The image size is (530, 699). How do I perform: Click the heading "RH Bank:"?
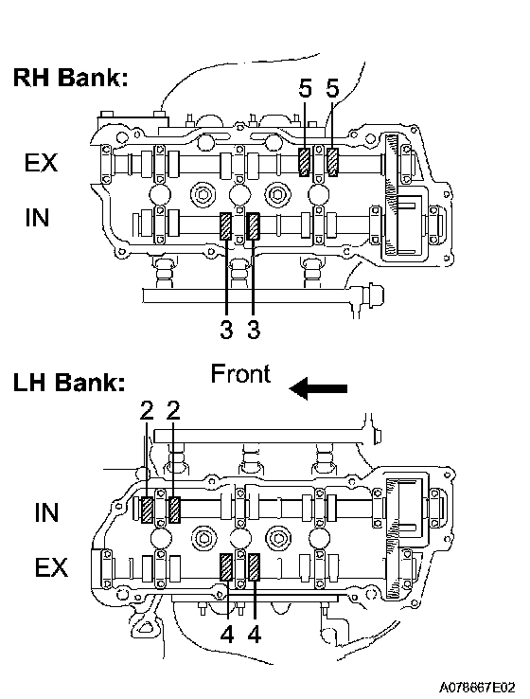tap(70, 77)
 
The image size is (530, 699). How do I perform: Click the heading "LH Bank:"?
tap(69, 383)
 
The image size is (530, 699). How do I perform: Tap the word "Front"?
tap(240, 373)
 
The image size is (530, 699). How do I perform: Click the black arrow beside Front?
tap(318, 388)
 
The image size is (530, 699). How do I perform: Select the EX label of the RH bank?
tap(41, 162)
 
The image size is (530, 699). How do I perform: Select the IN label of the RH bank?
tap(37, 218)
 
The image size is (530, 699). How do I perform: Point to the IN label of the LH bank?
tap(46, 512)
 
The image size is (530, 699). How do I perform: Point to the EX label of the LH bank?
tap(52, 567)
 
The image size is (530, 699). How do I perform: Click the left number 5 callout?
tap(305, 89)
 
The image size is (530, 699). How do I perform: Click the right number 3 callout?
tap(254, 331)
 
